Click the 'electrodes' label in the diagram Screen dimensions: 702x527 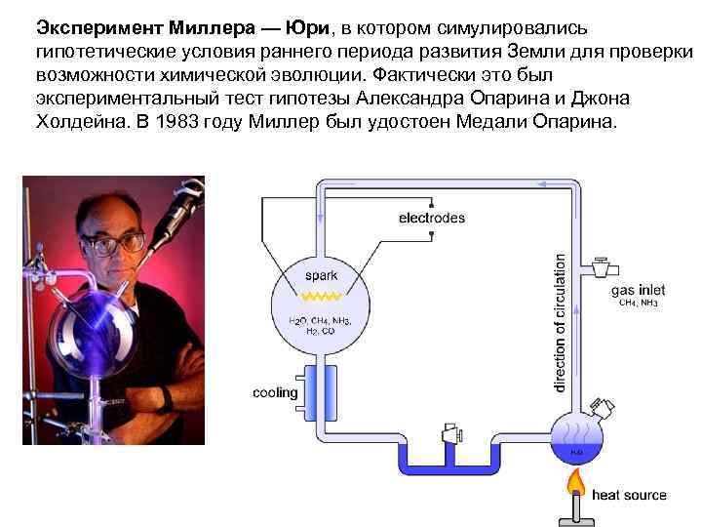click(432, 218)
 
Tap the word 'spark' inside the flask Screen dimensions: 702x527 click(321, 276)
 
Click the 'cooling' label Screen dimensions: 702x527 click(275, 393)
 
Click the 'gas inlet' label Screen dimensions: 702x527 click(638, 290)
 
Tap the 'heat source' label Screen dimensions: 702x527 click(629, 495)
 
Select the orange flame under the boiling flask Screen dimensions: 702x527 click(576, 482)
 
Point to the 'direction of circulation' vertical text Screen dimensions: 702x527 click(560, 323)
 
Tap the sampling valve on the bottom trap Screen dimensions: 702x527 click(450, 432)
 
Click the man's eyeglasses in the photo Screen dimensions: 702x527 click(115, 242)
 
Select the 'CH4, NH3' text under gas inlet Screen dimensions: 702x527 click(639, 304)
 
